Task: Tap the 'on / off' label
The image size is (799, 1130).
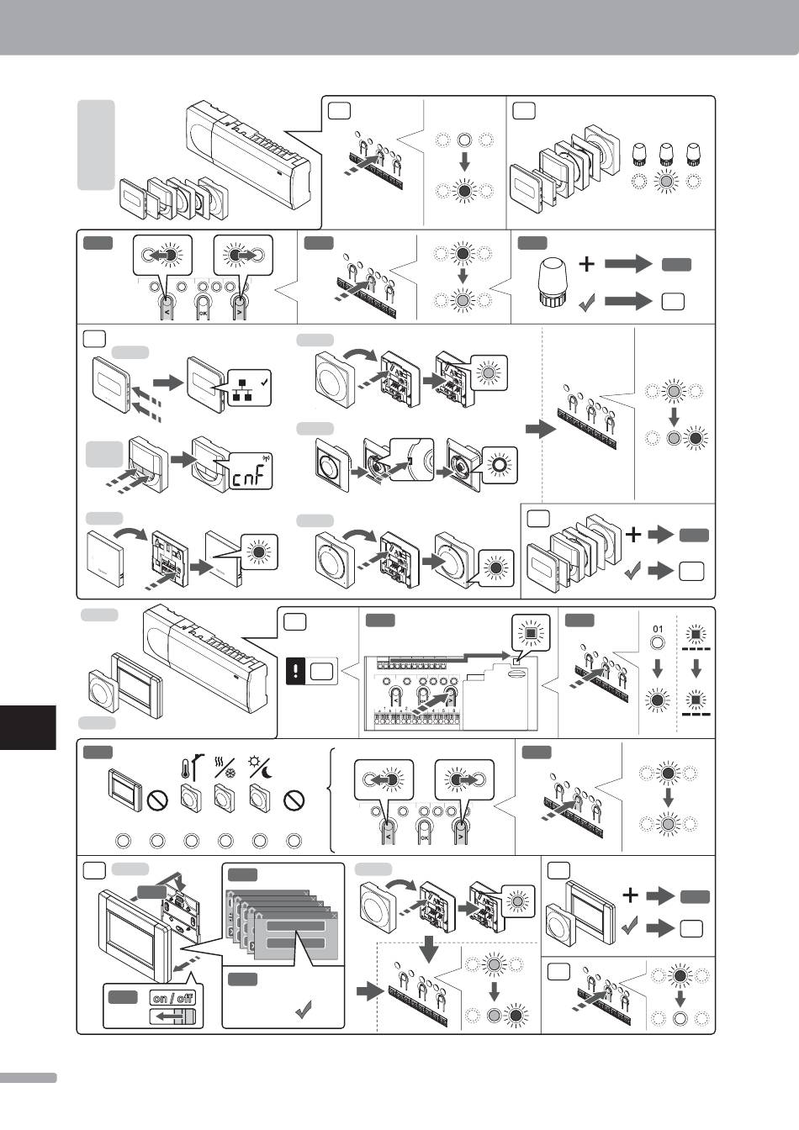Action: [x=172, y=998]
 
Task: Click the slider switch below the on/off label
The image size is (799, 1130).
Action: [x=173, y=1018]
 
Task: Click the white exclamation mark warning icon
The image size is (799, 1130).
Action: [x=297, y=673]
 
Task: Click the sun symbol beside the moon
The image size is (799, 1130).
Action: [x=253, y=764]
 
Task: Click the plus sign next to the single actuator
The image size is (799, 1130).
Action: [x=587, y=264]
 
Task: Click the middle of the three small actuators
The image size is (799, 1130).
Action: [x=665, y=154]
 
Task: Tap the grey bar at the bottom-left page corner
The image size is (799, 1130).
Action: [x=28, y=1078]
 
